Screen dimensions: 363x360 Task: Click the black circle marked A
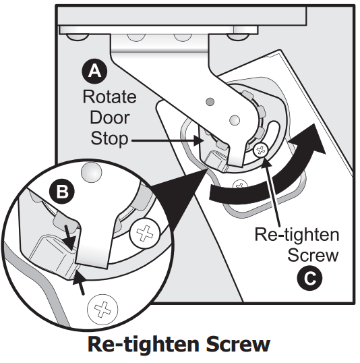(94, 69)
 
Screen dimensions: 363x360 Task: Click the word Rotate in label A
(109, 96)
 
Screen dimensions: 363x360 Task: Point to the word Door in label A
(109, 118)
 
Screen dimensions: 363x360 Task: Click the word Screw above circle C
(311, 256)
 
